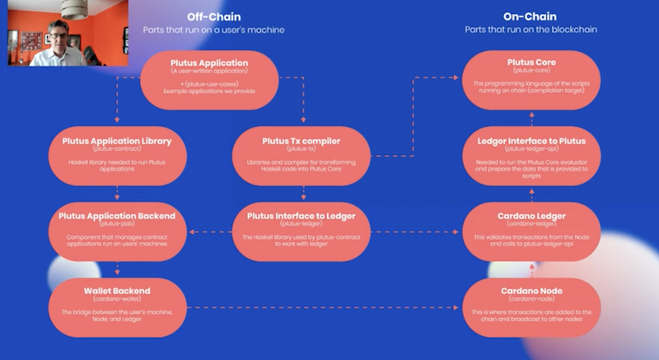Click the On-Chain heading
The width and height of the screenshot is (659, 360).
pos(530,16)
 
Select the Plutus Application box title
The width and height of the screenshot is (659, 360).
pos(209,62)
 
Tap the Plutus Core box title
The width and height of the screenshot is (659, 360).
pos(530,62)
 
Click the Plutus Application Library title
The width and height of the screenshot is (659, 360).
pos(116,140)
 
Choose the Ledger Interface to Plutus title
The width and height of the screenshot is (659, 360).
pos(530,140)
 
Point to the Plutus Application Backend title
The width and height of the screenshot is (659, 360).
pos(116,216)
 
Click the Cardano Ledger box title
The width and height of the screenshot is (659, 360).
pos(530,216)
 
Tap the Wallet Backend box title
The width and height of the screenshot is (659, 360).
pos(116,291)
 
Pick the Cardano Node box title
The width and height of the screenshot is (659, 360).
pos(530,291)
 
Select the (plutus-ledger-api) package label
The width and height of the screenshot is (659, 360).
pos(530,148)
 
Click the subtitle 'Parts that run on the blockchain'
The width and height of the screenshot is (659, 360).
pos(530,30)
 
